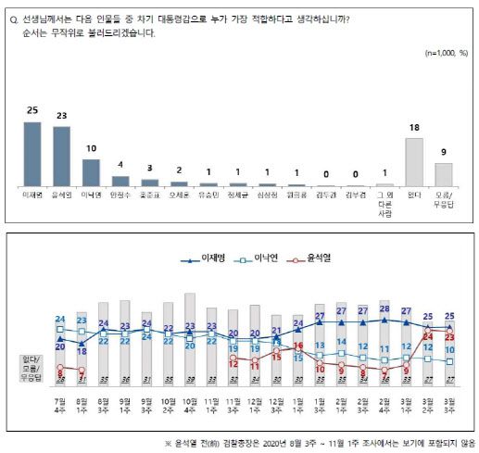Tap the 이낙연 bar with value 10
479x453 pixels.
point(91,172)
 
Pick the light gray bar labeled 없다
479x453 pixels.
point(413,162)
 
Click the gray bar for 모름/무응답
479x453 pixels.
point(444,175)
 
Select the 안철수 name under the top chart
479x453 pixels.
point(120,196)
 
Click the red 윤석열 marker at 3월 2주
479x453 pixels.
point(427,327)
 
